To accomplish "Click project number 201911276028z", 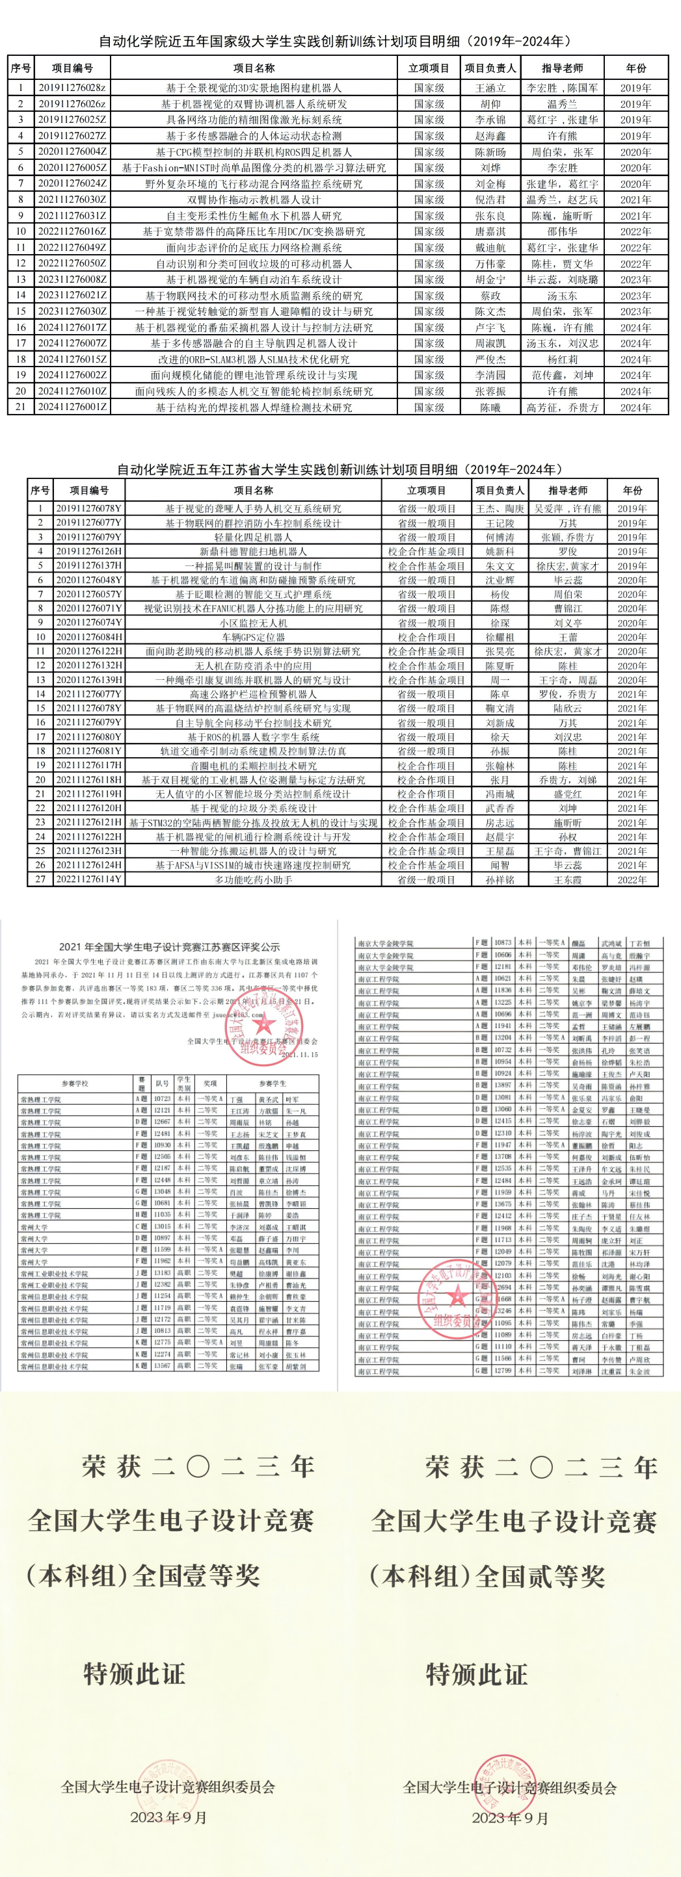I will click(x=72, y=88).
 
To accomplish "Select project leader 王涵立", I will click(x=490, y=88).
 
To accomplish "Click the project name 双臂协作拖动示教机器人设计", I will click(x=253, y=200).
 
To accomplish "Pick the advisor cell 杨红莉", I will click(x=562, y=359).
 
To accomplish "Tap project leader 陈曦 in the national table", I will click(x=490, y=408).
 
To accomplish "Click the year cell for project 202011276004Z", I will click(x=635, y=152).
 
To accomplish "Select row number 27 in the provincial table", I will click(x=40, y=879).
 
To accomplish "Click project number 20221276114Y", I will click(x=89, y=879).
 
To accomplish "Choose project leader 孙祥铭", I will click(x=500, y=879).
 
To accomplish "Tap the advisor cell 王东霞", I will click(x=567, y=879).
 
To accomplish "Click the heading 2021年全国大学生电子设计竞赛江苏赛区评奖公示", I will click(x=169, y=947).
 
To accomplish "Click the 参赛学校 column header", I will click(x=74, y=1083).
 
